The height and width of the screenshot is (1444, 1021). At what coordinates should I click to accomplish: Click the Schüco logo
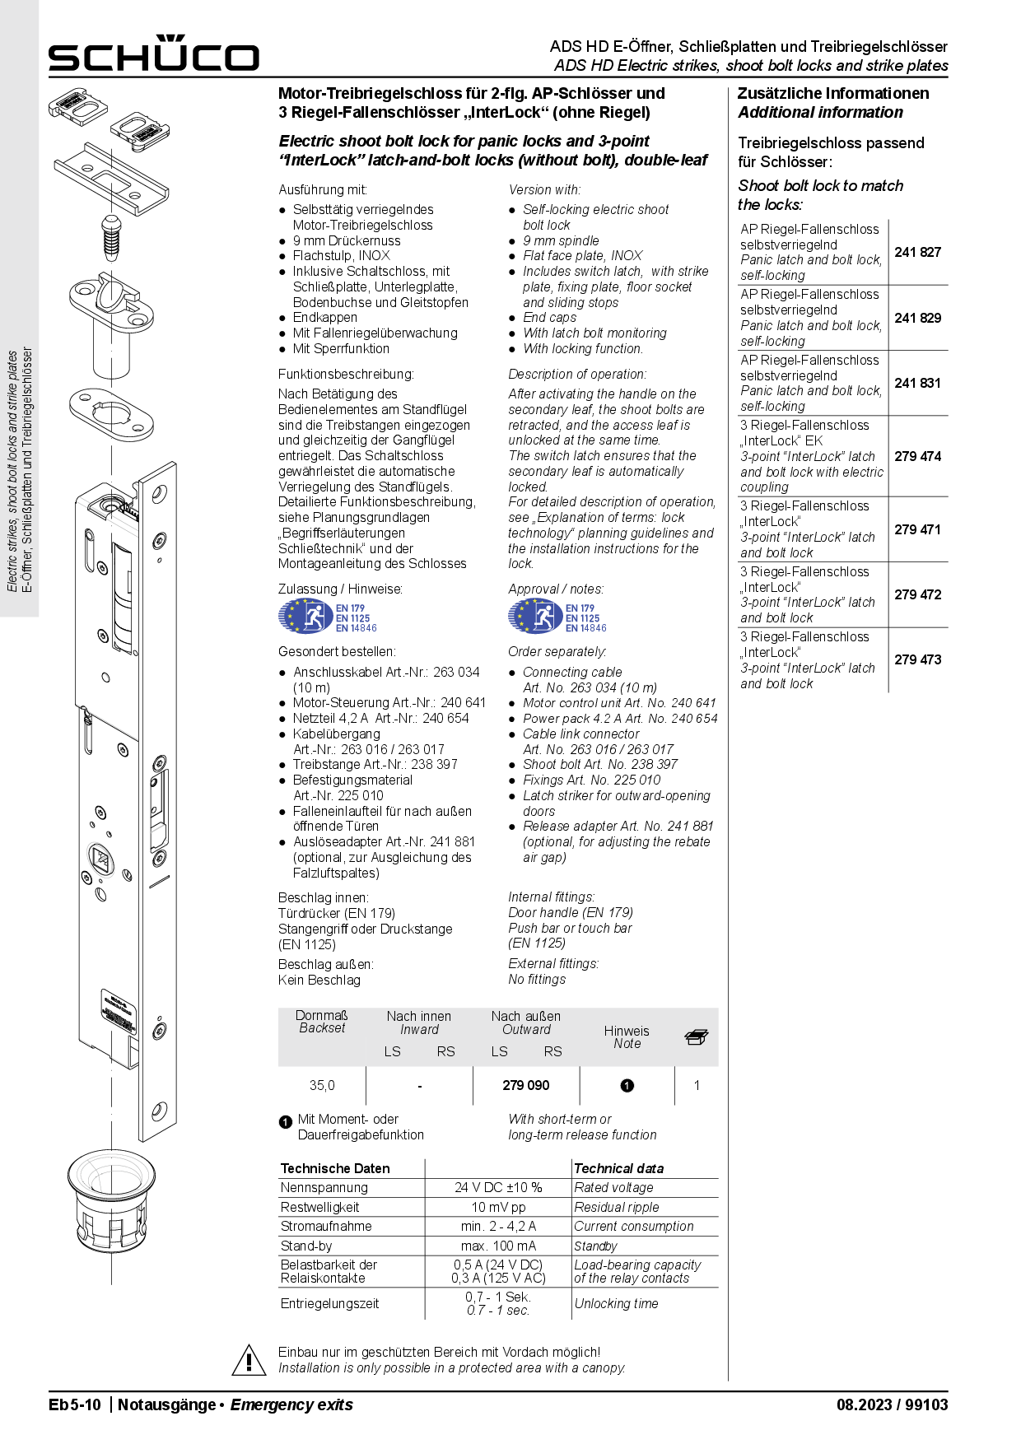coord(153,54)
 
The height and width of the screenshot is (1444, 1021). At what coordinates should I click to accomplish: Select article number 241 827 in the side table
coord(917,252)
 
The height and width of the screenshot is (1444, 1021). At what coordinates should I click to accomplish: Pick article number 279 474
coord(917,456)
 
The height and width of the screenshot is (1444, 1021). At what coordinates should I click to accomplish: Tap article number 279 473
coord(917,659)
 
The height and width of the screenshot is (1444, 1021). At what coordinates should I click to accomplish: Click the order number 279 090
coord(526,1085)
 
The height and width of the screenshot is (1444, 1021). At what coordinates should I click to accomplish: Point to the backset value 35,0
coord(322,1085)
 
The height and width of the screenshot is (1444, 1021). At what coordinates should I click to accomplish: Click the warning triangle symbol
coord(249,1360)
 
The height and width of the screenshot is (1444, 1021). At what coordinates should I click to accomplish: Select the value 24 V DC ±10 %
coord(498,1187)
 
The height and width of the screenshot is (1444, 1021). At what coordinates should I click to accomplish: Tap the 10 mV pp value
coord(498,1207)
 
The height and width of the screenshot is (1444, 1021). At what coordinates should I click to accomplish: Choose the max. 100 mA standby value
coord(498,1246)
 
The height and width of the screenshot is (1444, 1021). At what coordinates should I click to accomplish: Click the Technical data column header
coord(618,1168)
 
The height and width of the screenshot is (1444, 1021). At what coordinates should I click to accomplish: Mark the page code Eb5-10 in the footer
coord(75,1404)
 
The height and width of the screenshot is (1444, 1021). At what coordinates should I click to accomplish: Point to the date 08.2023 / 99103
coord(892,1404)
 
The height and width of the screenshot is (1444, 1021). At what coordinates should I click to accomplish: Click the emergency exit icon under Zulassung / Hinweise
coord(305,617)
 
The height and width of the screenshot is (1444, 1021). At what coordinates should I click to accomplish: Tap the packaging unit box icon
coord(697,1037)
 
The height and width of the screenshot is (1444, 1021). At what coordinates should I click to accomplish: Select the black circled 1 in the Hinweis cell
coord(627,1085)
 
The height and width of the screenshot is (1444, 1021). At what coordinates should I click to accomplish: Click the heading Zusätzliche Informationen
coord(832,93)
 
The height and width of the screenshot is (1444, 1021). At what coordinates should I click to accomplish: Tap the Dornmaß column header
coord(322,1021)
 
